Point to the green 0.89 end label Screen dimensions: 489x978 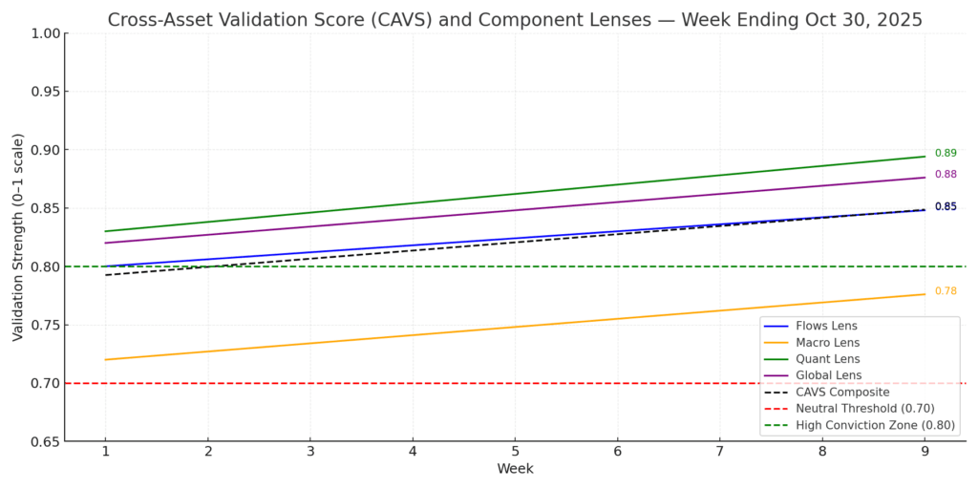pos(946,153)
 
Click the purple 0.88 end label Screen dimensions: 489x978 pos(946,174)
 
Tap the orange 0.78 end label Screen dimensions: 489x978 pos(946,291)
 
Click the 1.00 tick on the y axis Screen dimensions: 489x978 pos(45,33)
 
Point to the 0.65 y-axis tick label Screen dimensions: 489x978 pos(45,441)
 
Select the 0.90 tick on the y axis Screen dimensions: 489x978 pos(45,150)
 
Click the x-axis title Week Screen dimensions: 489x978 pos(515,469)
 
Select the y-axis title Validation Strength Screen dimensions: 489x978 pos(18,237)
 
